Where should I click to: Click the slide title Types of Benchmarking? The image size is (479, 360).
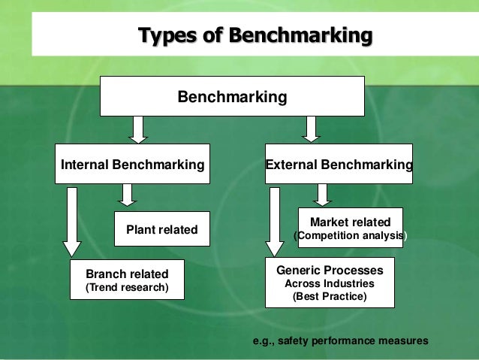coord(255,35)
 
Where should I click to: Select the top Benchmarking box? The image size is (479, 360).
coord(231,97)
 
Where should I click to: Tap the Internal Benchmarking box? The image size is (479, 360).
coord(132,164)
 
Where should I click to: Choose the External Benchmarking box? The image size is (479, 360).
coord(338,164)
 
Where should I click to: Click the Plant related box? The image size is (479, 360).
coord(161,229)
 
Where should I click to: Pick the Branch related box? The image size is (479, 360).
coord(126,280)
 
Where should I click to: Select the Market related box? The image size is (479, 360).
coord(350,228)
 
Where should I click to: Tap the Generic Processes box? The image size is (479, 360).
coord(329,282)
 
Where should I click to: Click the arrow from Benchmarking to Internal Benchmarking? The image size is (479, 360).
coord(137,129)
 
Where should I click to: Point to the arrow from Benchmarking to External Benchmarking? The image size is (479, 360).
coord(310,129)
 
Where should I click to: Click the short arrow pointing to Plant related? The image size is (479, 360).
coord(128,195)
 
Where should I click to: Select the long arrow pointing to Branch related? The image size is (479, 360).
coord(72,222)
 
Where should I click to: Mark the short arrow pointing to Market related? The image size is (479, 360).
coord(322,195)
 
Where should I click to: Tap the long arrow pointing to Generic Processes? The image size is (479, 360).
coord(275,222)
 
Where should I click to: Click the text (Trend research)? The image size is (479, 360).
coord(126,288)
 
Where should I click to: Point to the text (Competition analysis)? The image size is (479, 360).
coord(350,236)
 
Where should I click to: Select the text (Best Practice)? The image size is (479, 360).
coord(329,296)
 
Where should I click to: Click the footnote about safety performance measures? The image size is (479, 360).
coord(342,340)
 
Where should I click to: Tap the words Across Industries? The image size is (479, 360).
coord(329,283)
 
